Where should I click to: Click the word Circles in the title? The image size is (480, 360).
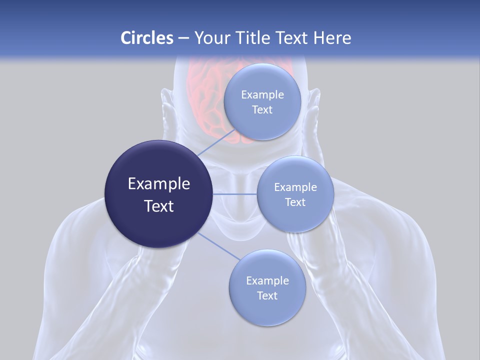(146, 38)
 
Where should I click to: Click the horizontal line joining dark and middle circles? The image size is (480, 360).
(235, 194)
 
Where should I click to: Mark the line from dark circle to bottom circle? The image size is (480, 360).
(216, 246)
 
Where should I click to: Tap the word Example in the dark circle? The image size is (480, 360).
(158, 184)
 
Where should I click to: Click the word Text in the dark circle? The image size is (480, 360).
(158, 206)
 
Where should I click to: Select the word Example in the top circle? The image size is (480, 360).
(262, 95)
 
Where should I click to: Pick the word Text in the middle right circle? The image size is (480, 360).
(295, 202)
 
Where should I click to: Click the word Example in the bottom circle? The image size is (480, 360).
(267, 280)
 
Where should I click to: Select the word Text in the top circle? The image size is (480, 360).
(262, 109)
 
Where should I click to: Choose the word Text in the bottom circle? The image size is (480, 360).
(267, 295)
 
